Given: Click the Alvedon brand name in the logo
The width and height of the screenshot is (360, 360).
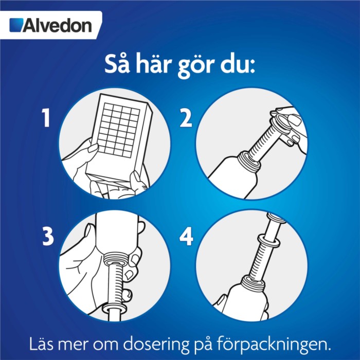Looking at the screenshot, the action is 57,25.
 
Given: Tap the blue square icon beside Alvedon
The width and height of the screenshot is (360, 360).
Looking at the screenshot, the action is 16,25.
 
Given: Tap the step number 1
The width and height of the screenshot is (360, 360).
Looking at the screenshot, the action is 46,118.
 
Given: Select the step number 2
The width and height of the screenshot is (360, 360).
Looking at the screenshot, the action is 186,118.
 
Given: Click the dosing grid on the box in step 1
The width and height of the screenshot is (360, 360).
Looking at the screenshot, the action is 118,130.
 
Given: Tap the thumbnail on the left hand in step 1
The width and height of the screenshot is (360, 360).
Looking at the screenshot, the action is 93,148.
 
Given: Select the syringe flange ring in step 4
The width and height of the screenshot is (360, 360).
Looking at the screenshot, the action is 268,240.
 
